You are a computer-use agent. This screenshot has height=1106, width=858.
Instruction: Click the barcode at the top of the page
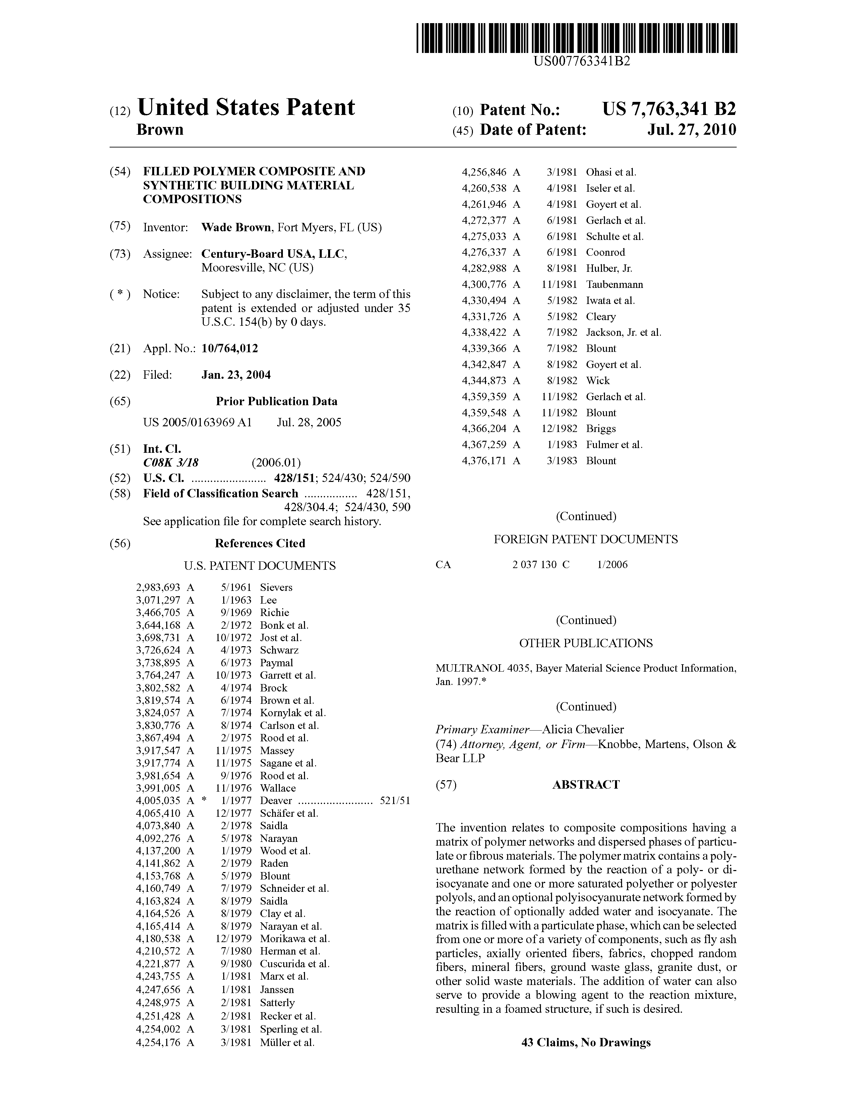coord(576,39)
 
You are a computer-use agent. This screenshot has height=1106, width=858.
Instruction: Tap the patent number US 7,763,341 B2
coord(669,109)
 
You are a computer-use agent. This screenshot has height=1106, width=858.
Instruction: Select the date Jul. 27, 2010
coord(691,130)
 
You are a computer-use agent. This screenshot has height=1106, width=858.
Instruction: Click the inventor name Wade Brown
coord(236,227)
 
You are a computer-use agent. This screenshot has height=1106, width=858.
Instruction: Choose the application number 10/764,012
coord(230,349)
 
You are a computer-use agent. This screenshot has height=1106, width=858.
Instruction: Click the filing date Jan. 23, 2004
coord(236,375)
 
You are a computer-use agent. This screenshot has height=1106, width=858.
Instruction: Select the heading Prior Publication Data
coord(277,402)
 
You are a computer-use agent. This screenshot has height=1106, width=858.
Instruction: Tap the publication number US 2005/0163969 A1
coord(197,422)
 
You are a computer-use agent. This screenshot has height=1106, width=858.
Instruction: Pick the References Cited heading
coord(260,543)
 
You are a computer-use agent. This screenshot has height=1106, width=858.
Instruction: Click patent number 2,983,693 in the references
coord(158,588)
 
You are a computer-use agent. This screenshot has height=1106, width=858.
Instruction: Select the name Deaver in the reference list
coord(276,801)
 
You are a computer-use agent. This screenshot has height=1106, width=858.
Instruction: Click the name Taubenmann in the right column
coord(614,285)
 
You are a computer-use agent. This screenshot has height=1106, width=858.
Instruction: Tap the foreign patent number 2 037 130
coord(534,565)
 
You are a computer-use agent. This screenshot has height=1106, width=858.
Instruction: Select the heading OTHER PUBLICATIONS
coord(586,643)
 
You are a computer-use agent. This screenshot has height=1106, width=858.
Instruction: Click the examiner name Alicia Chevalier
coord(583,730)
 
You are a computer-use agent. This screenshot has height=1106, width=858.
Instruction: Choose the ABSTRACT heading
coord(586,785)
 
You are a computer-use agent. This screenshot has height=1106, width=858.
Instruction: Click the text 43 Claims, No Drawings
coord(586,1043)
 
